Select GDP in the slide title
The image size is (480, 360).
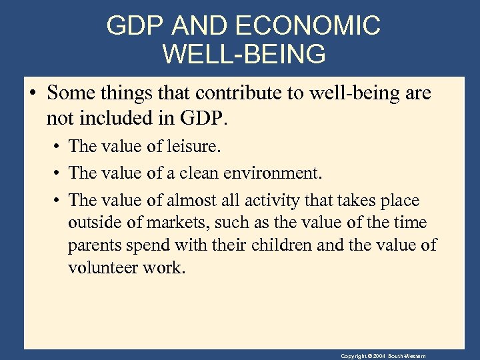tap(135, 26)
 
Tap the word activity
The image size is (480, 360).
tap(280, 200)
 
